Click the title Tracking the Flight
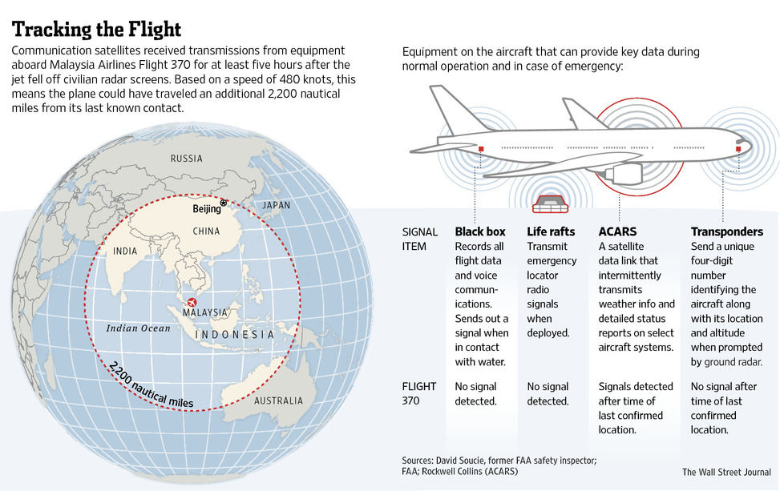point(96,30)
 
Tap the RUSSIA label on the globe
point(187,159)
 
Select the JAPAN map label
point(276,205)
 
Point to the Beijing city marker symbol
point(224,203)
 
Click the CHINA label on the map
point(206,231)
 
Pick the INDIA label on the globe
point(125,251)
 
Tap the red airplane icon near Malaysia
point(192,302)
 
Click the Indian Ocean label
point(139,328)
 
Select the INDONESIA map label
point(234,335)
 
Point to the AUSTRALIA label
point(279,400)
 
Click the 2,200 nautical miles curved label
point(150,386)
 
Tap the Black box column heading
point(480,231)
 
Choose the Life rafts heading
point(551,231)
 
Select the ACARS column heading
point(617,231)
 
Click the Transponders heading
point(727,231)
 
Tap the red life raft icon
point(550,203)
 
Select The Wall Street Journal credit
point(726,472)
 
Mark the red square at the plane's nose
point(738,149)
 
